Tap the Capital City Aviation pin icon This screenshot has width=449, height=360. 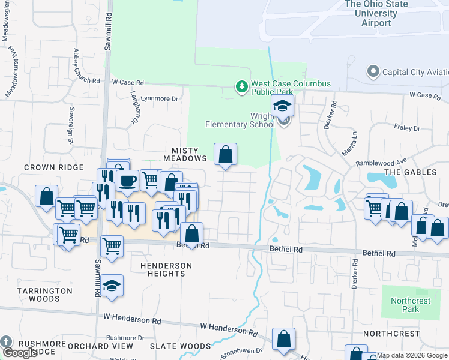tap(373, 72)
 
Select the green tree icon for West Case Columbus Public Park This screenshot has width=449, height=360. tap(241, 88)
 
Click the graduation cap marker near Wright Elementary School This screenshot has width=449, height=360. tap(282, 106)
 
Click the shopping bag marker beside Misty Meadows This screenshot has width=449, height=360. tap(225, 155)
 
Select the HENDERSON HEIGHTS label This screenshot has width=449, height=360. tap(166, 269)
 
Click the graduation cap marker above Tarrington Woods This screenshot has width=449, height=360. tap(112, 286)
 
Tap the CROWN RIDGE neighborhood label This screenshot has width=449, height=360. tap(53, 167)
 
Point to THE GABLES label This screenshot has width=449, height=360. tap(410, 172)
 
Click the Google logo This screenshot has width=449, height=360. tap(20, 353)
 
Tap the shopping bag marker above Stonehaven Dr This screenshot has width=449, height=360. tap(283, 339)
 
